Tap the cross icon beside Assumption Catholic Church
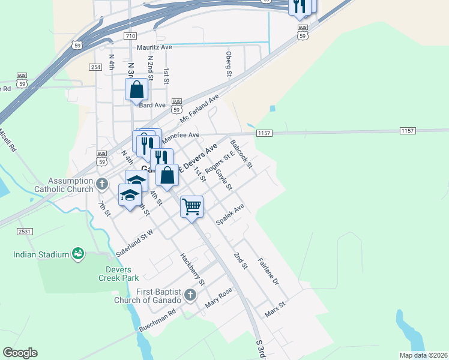[102, 182]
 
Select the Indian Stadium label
[41, 254]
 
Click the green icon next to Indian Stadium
[77, 254]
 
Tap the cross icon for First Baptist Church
[190, 295]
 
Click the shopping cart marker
[191, 207]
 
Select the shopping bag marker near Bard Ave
[137, 90]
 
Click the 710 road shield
[130, 36]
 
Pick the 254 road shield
[95, 68]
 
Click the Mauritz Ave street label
[154, 47]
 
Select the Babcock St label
[242, 154]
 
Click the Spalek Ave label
[231, 215]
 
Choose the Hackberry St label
[193, 269]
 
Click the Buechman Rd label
[156, 322]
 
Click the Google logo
[20, 353]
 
